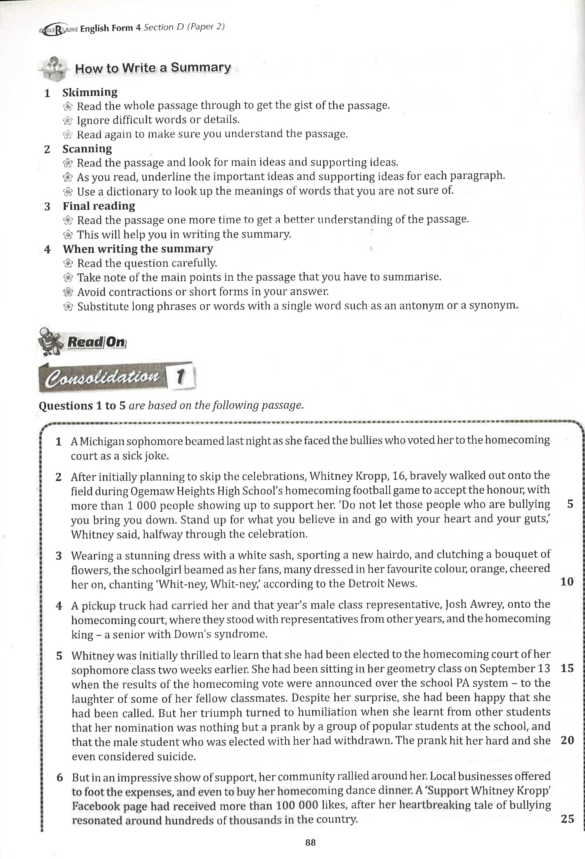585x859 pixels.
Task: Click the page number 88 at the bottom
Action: (310, 842)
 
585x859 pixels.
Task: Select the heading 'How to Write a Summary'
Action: (153, 68)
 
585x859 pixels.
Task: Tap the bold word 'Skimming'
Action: (90, 92)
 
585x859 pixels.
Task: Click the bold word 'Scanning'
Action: (87, 149)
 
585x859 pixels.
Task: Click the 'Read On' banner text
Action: (97, 342)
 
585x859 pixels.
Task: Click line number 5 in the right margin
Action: (570, 504)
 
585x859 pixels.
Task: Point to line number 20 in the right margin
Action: (567, 740)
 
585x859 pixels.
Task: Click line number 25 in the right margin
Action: (567, 819)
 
